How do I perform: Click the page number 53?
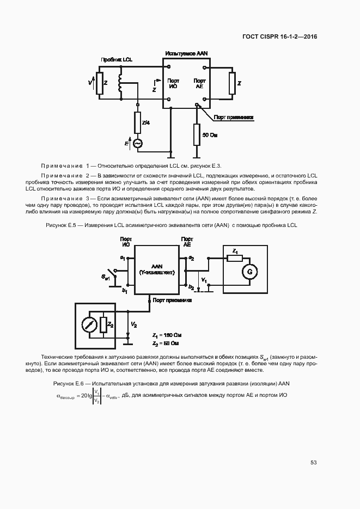click(313, 463)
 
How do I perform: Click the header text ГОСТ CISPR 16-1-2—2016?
click(279, 36)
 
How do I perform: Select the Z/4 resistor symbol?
click(137, 123)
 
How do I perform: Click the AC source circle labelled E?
click(137, 143)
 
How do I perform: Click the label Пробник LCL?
click(116, 59)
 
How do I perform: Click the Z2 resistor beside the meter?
click(102, 325)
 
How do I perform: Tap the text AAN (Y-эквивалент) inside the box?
click(157, 268)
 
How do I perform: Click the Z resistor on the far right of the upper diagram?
click(232, 83)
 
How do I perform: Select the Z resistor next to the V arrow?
click(99, 83)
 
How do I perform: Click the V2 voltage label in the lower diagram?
click(134, 324)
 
